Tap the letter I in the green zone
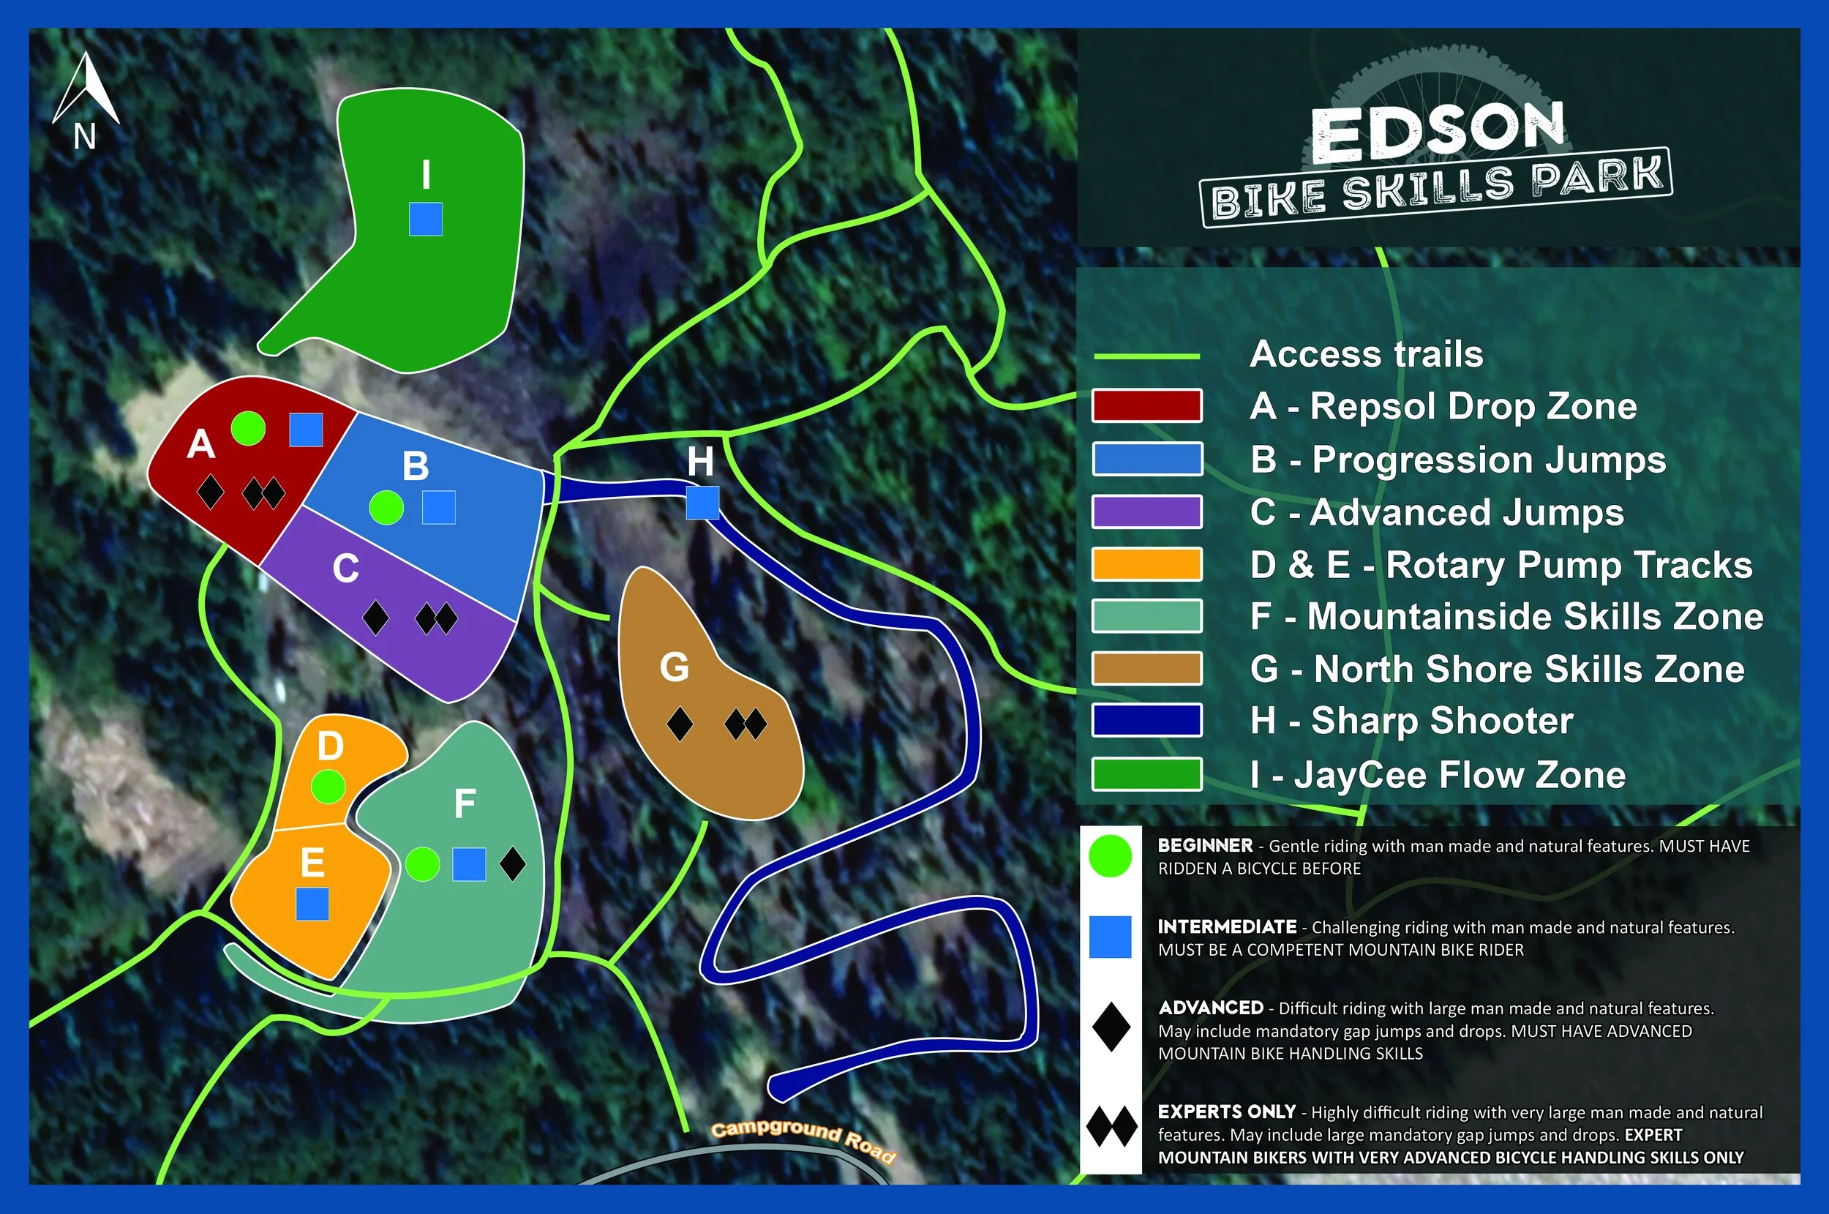click(426, 174)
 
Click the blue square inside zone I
click(426, 219)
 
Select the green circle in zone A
click(248, 428)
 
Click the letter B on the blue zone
click(416, 467)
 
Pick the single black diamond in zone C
click(375, 618)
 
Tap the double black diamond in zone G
click(746, 724)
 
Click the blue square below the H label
click(702, 503)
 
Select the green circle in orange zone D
click(328, 787)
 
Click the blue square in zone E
click(312, 904)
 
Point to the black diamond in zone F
click(512, 864)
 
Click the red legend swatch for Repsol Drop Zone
click(1146, 405)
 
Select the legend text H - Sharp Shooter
click(1411, 721)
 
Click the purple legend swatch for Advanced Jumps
click(1146, 512)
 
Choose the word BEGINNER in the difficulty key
click(1204, 845)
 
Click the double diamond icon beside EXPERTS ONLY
click(1111, 1126)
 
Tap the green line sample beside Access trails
click(1146, 356)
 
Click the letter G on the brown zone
click(673, 667)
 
